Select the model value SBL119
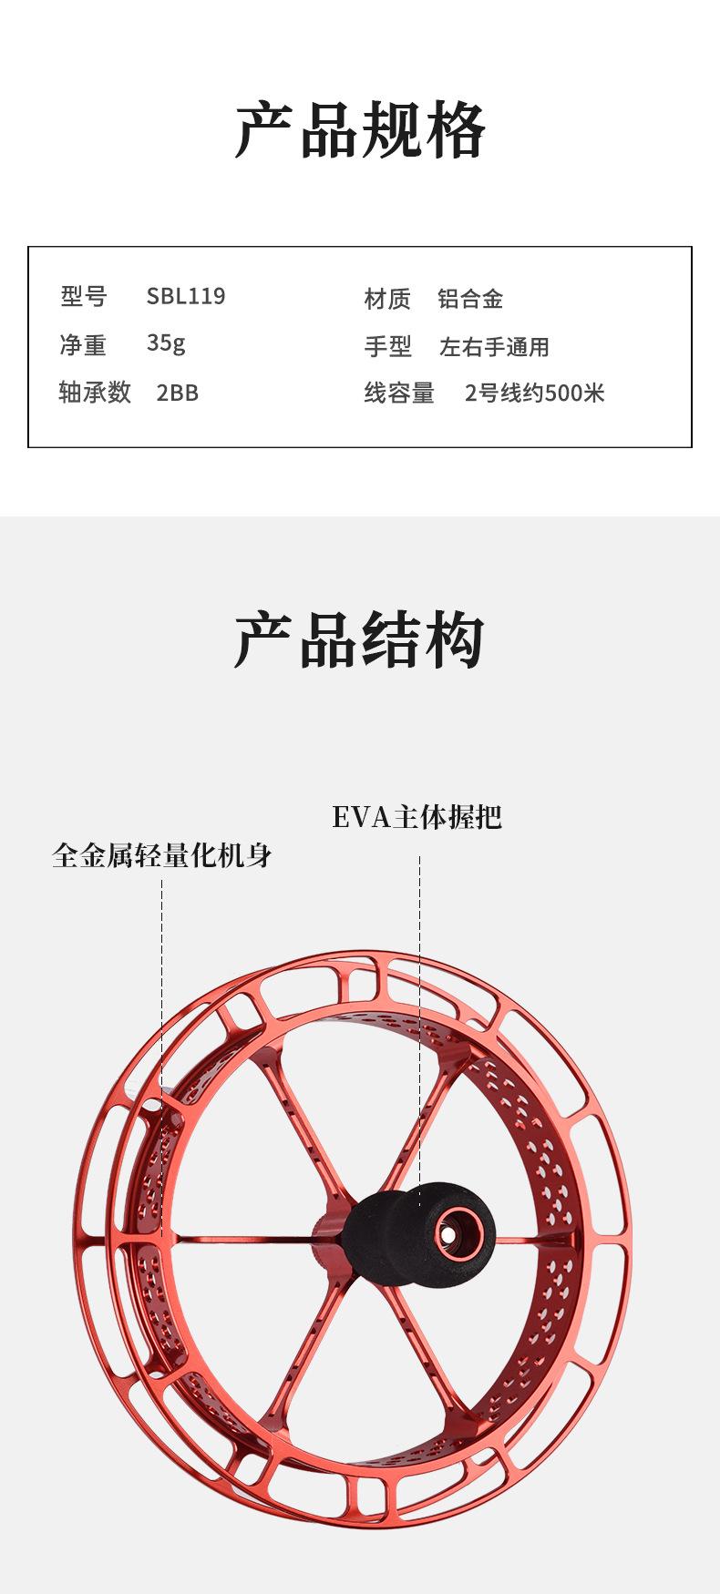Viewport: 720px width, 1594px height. [x=186, y=296]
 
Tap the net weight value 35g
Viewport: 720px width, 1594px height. [x=166, y=343]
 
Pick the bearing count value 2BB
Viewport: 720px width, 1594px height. [x=177, y=392]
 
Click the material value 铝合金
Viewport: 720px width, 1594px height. [x=470, y=299]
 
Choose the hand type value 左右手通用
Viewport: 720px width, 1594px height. [x=494, y=346]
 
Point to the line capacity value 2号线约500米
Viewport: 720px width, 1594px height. [x=534, y=393]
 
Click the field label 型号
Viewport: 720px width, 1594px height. [x=84, y=296]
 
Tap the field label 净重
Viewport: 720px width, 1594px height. [x=83, y=344]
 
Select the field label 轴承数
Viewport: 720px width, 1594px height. [x=95, y=392]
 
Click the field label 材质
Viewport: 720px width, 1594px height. [x=387, y=299]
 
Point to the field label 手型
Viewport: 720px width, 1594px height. [x=387, y=346]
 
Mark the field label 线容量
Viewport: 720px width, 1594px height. [x=399, y=393]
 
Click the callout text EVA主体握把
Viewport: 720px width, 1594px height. [x=417, y=817]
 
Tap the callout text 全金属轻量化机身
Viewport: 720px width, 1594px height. [x=162, y=856]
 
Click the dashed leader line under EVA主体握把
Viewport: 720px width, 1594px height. [x=419, y=1002]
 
